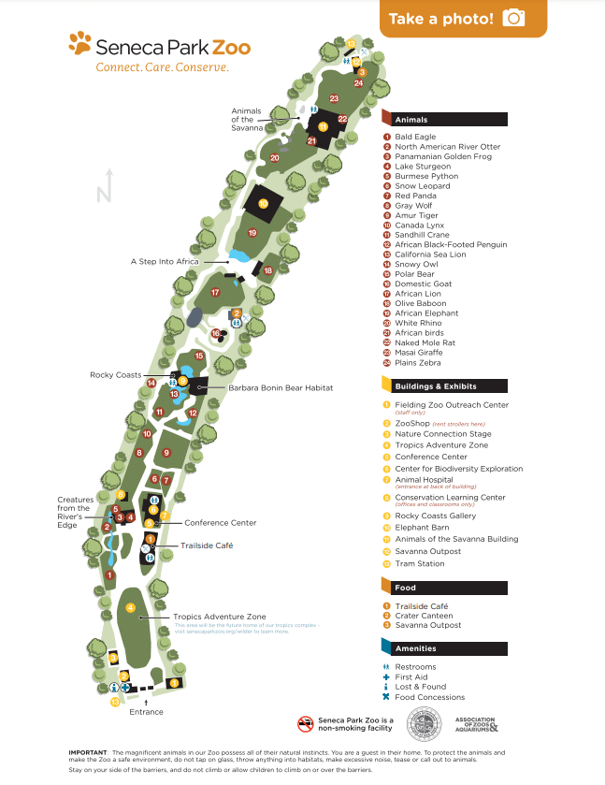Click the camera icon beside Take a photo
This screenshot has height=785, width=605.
point(513,18)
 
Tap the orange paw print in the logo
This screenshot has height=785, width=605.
point(80,43)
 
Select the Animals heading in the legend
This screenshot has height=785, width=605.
point(411,120)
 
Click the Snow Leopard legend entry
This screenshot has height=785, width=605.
point(422,186)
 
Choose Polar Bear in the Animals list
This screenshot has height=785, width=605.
point(416,274)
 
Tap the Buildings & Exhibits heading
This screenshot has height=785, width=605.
point(435,385)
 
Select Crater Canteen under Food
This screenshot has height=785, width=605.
point(424,616)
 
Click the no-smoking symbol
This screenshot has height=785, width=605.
point(304,723)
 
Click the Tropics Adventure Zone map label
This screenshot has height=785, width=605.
point(219,617)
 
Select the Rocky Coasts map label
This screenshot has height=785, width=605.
point(115,375)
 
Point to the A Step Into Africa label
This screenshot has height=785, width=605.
point(165,262)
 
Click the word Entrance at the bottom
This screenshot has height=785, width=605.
point(146,712)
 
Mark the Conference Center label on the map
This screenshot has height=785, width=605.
point(220,523)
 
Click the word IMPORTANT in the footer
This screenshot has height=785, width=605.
point(87,752)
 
